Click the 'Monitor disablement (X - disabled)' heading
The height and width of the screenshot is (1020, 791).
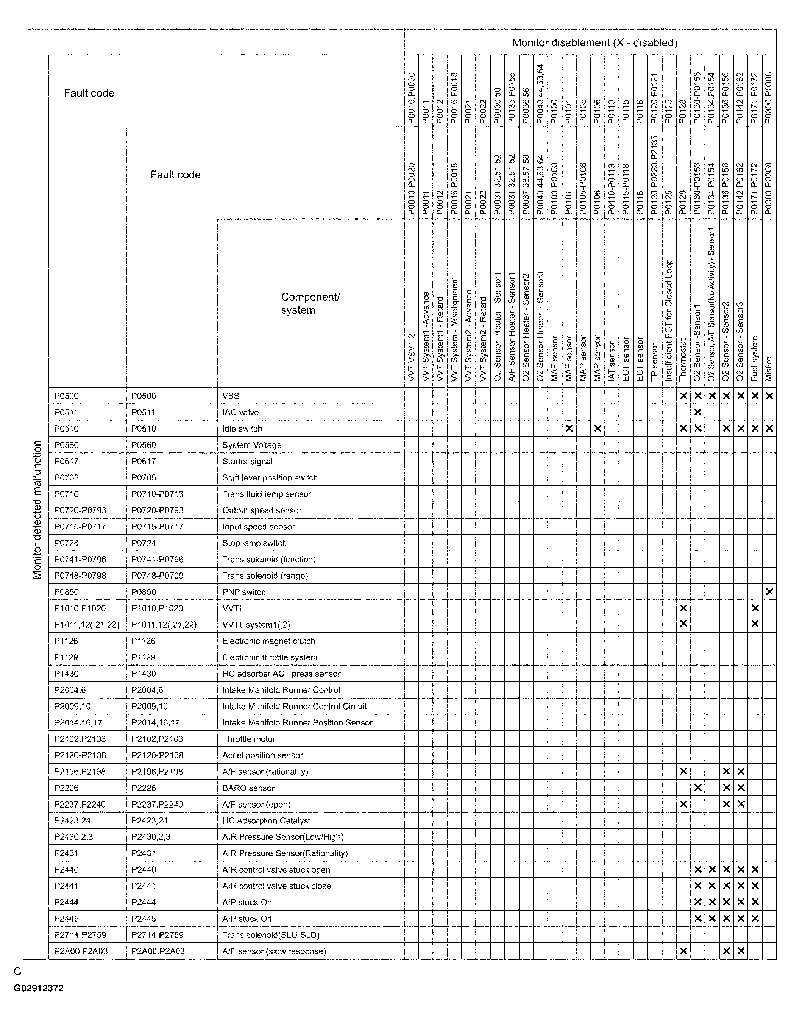click(x=594, y=43)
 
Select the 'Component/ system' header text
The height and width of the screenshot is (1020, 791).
click(x=310, y=304)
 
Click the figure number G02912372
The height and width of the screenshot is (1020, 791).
click(x=39, y=988)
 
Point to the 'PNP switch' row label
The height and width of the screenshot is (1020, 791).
click(x=244, y=592)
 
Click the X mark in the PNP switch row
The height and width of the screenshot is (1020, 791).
click(x=769, y=592)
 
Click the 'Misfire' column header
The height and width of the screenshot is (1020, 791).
click(x=769, y=369)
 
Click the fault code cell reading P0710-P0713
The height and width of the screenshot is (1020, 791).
click(x=158, y=494)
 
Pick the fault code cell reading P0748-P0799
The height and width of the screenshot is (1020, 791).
click(x=158, y=576)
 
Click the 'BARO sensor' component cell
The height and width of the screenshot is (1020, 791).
click(x=248, y=788)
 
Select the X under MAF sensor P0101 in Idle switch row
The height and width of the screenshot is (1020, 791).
click(x=569, y=429)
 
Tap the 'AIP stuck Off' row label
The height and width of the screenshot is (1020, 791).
click(x=247, y=919)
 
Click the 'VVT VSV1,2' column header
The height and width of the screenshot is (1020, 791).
click(x=411, y=357)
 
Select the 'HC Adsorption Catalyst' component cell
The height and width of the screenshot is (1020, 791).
click(x=266, y=820)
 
